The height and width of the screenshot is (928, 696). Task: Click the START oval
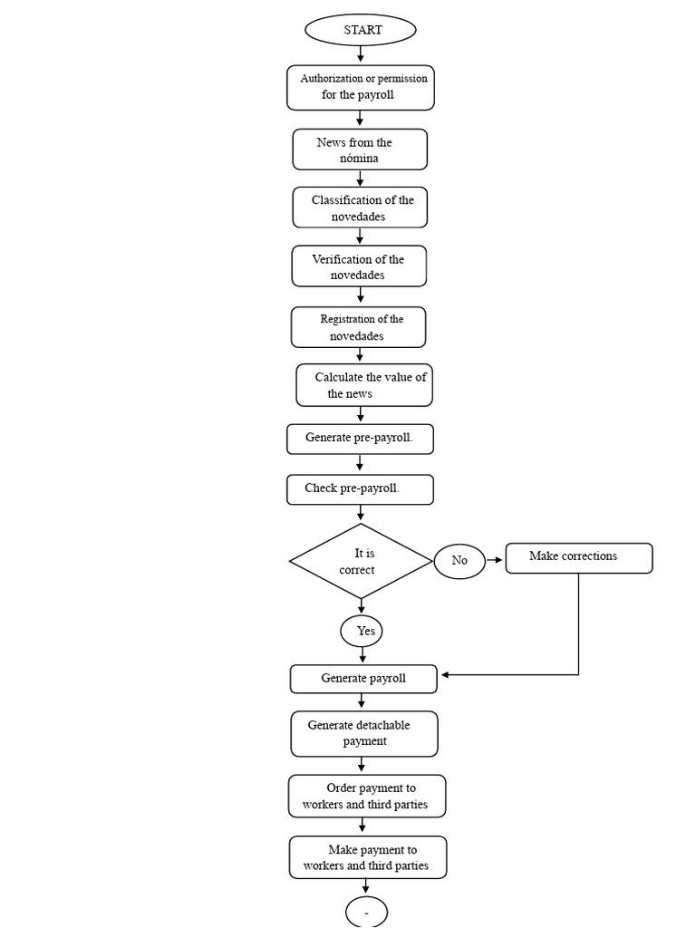[x=361, y=30]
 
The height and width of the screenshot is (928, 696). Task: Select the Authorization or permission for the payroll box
[x=361, y=88]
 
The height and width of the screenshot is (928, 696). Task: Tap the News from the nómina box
[x=360, y=150]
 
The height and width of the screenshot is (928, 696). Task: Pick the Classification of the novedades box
[x=360, y=208]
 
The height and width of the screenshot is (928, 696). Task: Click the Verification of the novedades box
[x=359, y=266]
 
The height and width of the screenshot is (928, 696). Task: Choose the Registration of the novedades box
[x=359, y=327]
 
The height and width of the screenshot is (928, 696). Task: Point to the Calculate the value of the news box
[x=364, y=385]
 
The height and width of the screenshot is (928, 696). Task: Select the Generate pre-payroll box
[x=361, y=440]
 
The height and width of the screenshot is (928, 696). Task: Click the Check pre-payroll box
[x=361, y=489]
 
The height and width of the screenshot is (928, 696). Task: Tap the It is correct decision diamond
[x=361, y=561]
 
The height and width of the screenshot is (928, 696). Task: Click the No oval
[x=459, y=560]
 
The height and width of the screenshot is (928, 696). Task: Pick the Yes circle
[x=362, y=631]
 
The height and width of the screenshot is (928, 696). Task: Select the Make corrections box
[x=579, y=558]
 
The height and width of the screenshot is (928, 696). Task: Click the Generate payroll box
[x=364, y=679]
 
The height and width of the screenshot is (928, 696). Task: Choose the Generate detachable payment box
[x=364, y=734]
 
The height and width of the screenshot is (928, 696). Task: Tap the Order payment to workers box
[x=368, y=797]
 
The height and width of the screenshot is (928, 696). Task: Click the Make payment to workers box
[x=368, y=857]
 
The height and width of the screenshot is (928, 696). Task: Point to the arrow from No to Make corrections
[x=494, y=560]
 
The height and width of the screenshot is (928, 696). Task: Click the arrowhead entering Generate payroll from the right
[x=445, y=674]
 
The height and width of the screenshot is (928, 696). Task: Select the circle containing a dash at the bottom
[x=366, y=913]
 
